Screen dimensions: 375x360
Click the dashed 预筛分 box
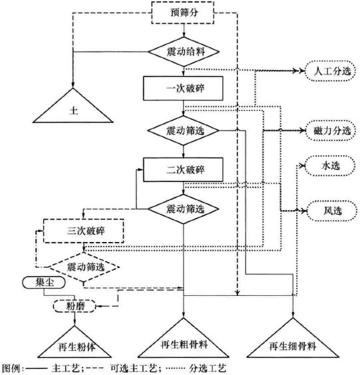point(182,12)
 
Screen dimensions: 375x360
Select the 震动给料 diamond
point(182,51)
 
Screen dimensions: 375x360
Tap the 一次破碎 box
point(182,88)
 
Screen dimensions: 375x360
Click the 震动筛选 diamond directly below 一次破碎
point(182,130)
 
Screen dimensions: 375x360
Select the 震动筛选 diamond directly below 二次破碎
point(182,208)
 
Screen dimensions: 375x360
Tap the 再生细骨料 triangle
point(292,342)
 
